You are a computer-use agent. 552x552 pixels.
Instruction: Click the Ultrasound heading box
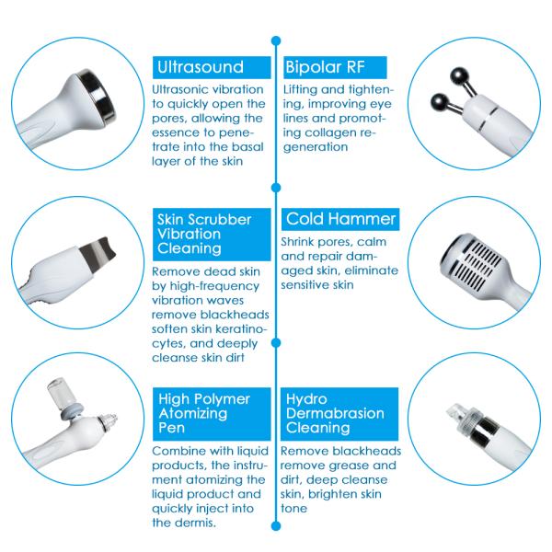point(207,67)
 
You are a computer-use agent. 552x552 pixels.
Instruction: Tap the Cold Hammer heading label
point(340,219)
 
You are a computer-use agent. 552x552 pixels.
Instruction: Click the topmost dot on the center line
point(276,40)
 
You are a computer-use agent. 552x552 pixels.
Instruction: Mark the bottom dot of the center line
point(276,525)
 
